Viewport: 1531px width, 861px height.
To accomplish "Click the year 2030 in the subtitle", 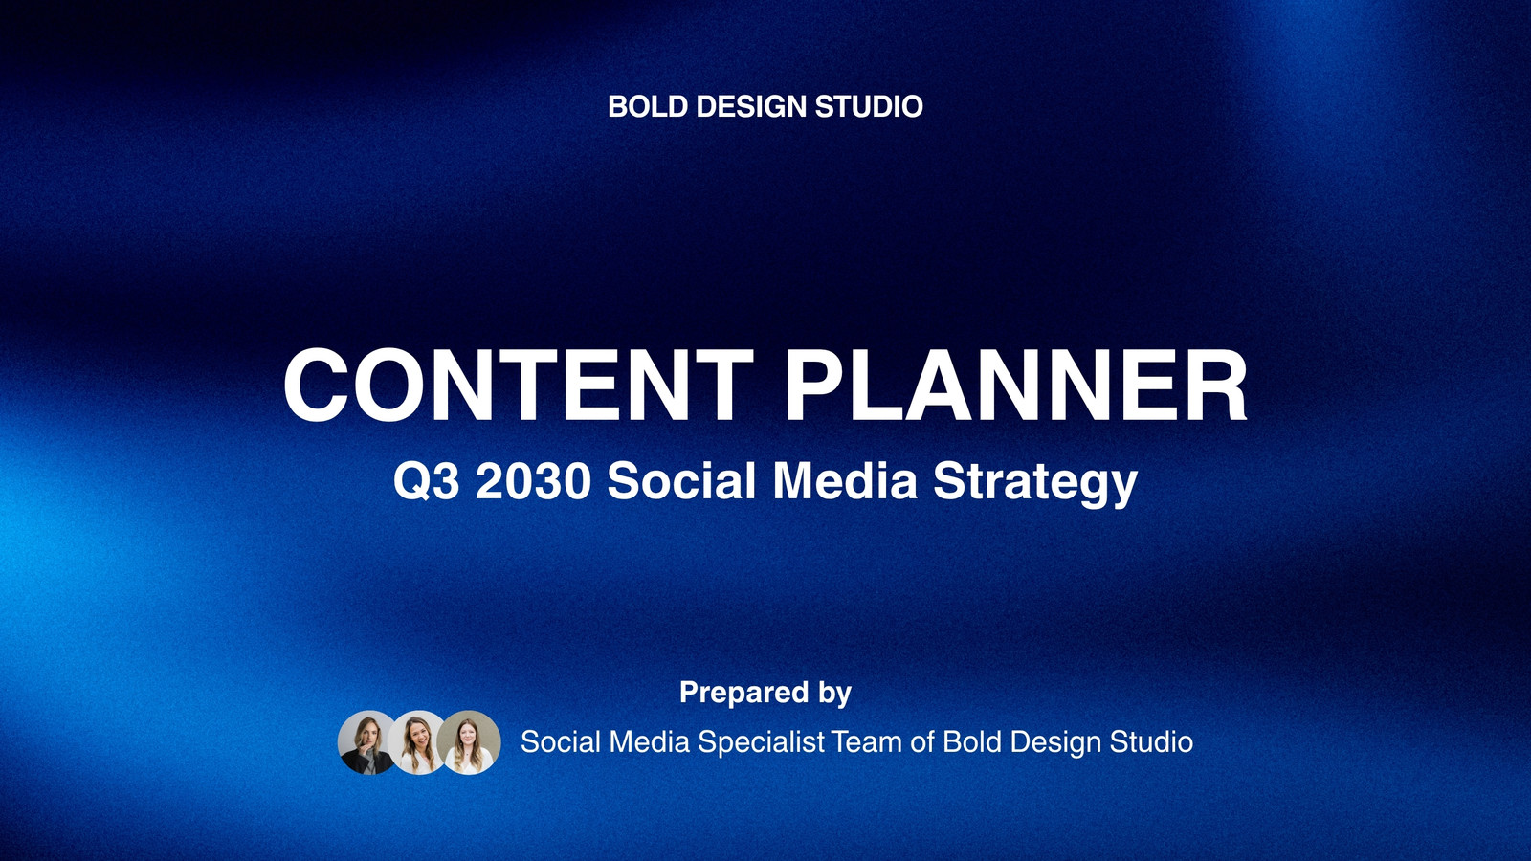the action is tap(533, 480).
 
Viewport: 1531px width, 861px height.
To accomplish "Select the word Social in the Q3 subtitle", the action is tap(681, 480).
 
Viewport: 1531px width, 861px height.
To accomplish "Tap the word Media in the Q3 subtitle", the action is tap(844, 480).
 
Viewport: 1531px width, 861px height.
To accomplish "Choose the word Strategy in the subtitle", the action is tap(1034, 484).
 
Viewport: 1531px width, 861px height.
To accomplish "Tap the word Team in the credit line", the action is tap(867, 742).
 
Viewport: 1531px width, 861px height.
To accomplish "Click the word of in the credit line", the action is tap(922, 742).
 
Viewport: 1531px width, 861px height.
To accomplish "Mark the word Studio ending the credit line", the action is tap(1151, 742).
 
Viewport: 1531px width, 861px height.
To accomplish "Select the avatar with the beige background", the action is tap(469, 742).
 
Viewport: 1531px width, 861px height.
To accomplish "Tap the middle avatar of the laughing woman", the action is tap(418, 742).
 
